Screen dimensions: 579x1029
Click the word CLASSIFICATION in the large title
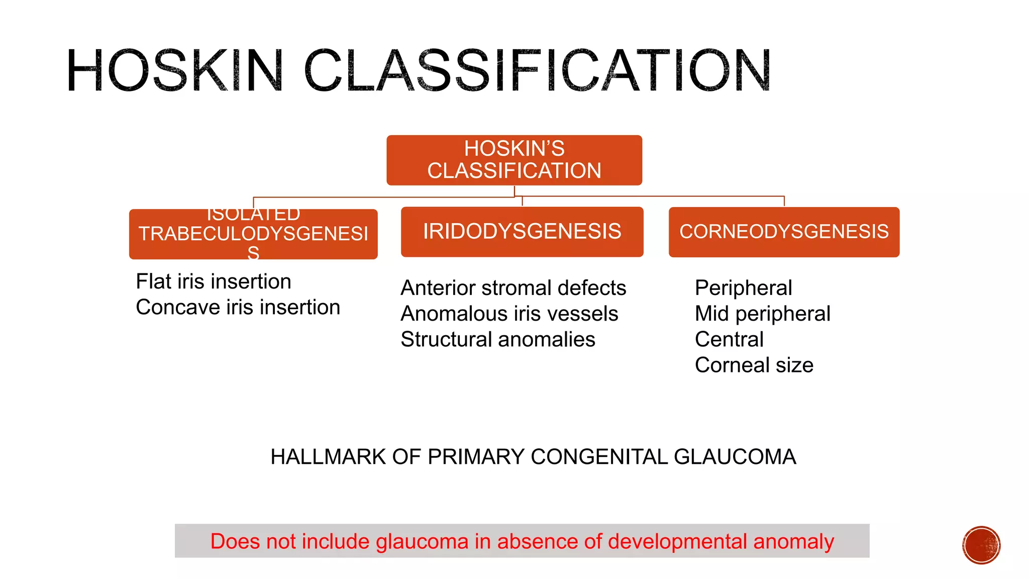coord(537,70)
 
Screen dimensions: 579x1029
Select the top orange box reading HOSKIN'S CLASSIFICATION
coord(514,160)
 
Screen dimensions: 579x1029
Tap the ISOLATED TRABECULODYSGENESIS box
coord(253,234)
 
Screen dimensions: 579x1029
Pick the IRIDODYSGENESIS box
coord(522,232)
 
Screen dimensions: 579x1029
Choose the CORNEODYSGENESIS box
coord(784,232)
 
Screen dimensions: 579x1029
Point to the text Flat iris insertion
coord(214,281)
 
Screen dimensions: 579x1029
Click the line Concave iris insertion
coord(238,307)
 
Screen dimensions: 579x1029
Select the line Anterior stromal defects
coord(513,288)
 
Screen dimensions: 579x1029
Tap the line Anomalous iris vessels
coord(509,314)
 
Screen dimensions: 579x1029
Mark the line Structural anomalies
coord(497,339)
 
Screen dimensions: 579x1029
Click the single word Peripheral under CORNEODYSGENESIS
coord(743,288)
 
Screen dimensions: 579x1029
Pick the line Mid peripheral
coord(762,314)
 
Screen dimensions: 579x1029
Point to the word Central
coord(729,339)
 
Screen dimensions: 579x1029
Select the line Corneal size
coord(754,365)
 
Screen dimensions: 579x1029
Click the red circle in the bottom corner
coord(981,545)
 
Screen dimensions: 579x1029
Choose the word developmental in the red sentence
coord(677,541)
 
